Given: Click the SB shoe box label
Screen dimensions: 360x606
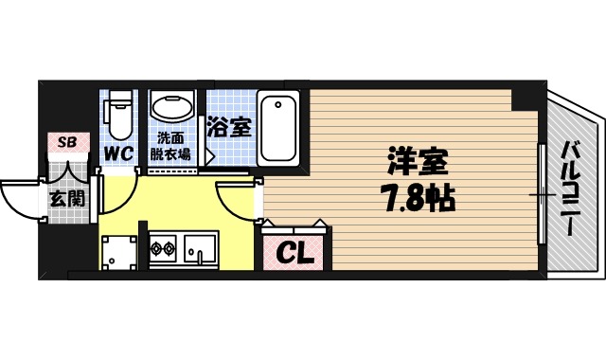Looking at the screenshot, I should [67, 142].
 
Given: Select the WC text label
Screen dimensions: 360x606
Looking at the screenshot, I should [118, 153].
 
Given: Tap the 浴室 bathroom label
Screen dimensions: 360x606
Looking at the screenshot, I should [230, 126].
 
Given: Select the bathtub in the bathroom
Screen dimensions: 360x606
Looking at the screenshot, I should [279, 127].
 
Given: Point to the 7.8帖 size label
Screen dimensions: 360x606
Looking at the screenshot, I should [416, 198].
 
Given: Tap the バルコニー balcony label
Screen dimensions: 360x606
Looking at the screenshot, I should [571, 189].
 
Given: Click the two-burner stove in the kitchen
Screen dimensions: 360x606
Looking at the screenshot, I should [162, 251].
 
